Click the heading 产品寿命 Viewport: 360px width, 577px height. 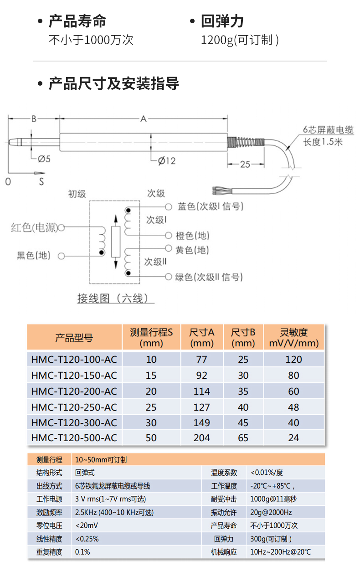tap(77, 21)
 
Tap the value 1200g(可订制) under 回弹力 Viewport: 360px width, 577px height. tap(240, 40)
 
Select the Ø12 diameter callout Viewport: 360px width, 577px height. tap(167, 160)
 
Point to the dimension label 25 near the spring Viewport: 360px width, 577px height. tap(245, 164)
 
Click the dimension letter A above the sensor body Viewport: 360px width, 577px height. tap(143, 119)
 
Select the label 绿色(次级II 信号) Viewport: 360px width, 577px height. tap(209, 277)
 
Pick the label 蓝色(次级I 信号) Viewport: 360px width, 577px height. tap(210, 206)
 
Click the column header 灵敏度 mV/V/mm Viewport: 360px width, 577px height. tap(294, 338)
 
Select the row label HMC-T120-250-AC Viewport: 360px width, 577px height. tap(74, 407)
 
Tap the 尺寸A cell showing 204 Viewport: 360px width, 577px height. tap(201, 438)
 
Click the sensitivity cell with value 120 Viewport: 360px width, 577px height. tap(293, 360)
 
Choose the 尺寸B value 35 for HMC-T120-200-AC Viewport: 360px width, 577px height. tap(243, 391)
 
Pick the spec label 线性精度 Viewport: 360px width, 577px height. tap(49, 539)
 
